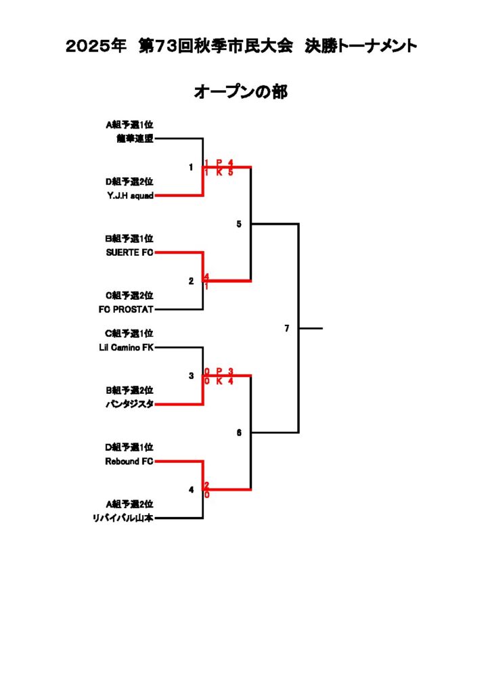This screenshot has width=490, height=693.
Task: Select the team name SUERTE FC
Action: point(129,252)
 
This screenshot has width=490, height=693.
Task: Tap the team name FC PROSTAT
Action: point(126,309)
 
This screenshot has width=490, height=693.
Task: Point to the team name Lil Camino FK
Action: point(126,347)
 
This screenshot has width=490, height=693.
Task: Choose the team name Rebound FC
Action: point(129,462)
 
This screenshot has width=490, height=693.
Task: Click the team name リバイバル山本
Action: point(123,518)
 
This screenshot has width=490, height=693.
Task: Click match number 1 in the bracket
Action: point(191,167)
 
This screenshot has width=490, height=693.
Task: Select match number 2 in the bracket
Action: point(191,281)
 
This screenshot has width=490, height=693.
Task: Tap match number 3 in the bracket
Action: point(191,376)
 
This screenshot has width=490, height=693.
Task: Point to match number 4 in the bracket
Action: point(191,489)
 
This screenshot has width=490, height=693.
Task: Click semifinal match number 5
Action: point(239,224)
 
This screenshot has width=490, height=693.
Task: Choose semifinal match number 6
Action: point(239,432)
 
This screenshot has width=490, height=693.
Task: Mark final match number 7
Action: point(287,328)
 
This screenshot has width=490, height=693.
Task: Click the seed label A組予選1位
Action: point(129,125)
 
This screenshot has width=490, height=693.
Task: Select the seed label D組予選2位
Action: point(129,181)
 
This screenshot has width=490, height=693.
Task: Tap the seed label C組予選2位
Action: point(129,295)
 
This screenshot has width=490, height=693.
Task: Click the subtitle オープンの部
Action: point(241,91)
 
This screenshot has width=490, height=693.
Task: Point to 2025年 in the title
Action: point(96,46)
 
